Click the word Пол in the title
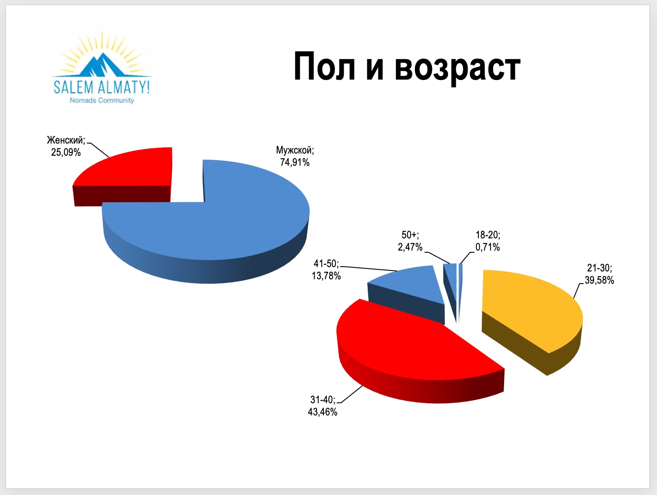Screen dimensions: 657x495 324,66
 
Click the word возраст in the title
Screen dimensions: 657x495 458,69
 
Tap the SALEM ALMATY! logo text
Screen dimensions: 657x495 102,87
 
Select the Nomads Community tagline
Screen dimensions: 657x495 102,100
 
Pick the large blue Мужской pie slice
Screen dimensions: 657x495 206,228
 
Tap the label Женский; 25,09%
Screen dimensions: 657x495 66,146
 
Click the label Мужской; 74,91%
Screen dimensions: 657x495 295,156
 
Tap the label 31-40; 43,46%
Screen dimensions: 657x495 323,406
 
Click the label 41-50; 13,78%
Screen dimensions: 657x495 326,269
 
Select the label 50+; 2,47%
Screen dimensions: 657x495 410,241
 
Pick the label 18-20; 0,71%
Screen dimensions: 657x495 488,241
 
